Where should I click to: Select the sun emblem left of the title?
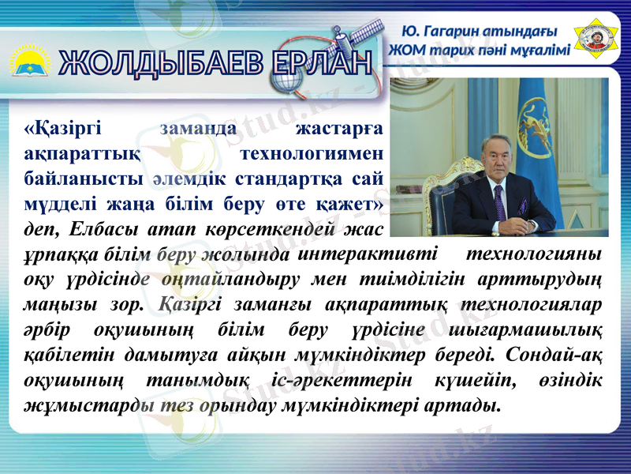[x=29, y=62]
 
